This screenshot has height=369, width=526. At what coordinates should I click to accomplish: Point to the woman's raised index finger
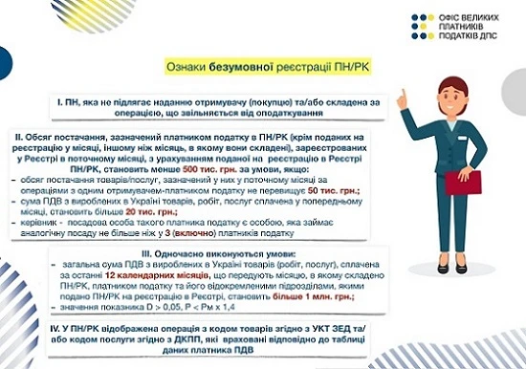[403, 95]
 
